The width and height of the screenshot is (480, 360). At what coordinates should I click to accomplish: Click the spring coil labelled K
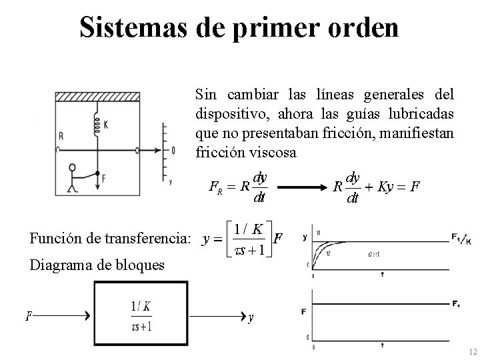97,125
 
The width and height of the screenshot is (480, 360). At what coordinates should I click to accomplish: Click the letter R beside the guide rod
61,136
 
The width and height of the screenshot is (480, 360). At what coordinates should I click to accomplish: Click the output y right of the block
250,317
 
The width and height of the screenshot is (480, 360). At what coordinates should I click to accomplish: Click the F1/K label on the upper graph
459,237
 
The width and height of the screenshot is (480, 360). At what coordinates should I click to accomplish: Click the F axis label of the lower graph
305,311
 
